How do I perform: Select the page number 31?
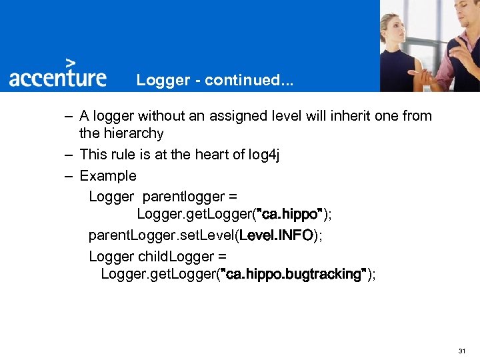(462, 351)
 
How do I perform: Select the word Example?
(107, 176)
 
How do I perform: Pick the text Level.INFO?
(276, 235)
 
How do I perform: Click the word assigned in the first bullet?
(235, 116)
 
